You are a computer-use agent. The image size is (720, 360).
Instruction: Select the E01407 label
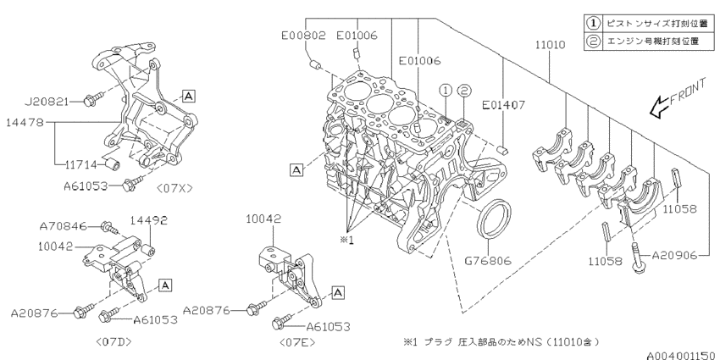(505, 106)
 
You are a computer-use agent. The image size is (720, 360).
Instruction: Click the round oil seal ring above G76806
(497, 219)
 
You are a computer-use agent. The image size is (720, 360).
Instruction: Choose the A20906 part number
(673, 254)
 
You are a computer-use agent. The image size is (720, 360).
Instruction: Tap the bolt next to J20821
(93, 101)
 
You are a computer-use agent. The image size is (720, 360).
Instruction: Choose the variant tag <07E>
(297, 342)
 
